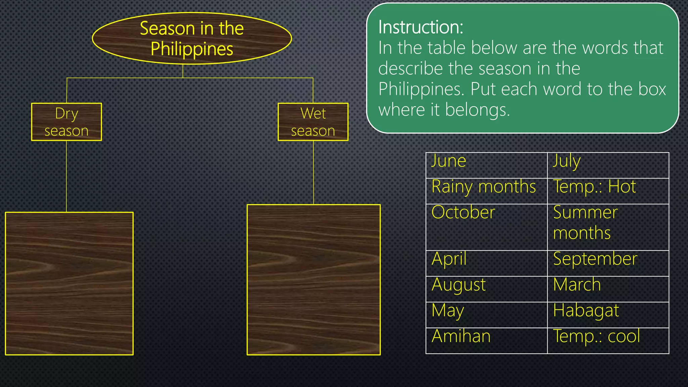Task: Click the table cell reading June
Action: click(x=486, y=165)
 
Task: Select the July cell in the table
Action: click(x=608, y=165)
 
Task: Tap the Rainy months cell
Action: click(x=486, y=191)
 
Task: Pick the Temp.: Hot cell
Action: click(x=608, y=191)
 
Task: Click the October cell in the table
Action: click(x=486, y=227)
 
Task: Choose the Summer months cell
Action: click(x=608, y=227)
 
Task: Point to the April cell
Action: click(x=486, y=263)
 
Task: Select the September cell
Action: click(x=608, y=263)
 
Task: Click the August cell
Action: click(x=486, y=289)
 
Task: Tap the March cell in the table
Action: click(x=608, y=289)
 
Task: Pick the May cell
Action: click(x=486, y=315)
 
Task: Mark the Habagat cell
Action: click(x=608, y=315)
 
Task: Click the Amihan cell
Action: click(x=486, y=341)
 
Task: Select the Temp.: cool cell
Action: click(x=608, y=341)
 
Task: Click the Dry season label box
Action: click(x=67, y=122)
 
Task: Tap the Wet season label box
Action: click(x=313, y=122)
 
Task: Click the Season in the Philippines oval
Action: click(x=192, y=38)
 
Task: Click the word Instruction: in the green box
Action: click(x=421, y=27)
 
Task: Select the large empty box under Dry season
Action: click(x=69, y=283)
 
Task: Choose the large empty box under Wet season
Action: click(x=313, y=279)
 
